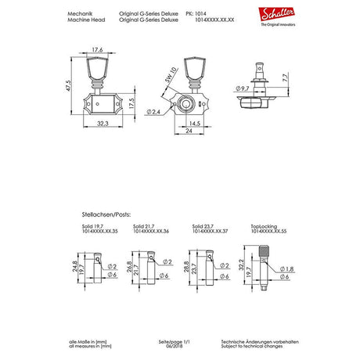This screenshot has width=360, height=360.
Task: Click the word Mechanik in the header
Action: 81,14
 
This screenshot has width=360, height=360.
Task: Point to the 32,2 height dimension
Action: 243,265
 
